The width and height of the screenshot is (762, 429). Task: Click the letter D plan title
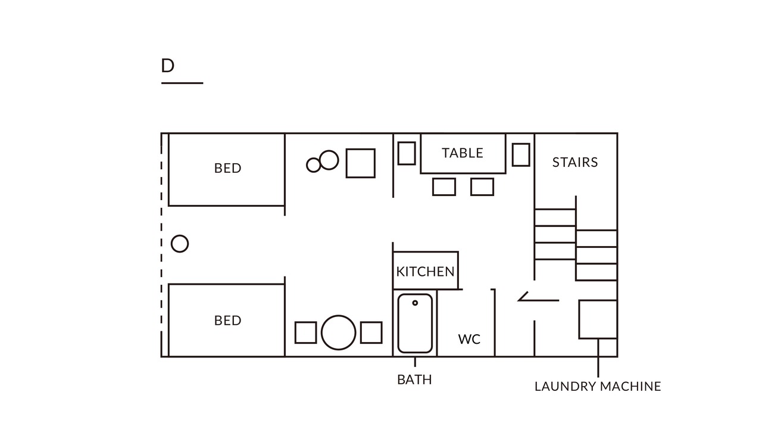[167, 66]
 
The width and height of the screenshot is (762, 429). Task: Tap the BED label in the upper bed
[227, 168]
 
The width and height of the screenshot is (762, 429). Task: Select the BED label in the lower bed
[227, 321]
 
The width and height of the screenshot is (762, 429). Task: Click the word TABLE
[463, 153]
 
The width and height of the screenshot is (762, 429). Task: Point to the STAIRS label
[575, 163]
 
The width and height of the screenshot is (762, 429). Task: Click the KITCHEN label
[425, 272]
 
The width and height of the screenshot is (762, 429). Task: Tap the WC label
[469, 339]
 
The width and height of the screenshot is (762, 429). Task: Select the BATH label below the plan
[414, 380]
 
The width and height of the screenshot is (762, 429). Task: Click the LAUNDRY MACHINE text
[598, 387]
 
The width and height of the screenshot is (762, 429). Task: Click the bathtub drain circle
[415, 303]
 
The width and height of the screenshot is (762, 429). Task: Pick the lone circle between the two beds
[180, 244]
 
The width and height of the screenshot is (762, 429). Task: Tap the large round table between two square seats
[339, 332]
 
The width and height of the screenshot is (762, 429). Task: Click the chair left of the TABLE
[407, 153]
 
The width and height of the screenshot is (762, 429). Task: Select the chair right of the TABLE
[521, 154]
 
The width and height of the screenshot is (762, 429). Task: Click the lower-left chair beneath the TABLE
[444, 186]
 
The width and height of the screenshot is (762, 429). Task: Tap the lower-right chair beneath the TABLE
[482, 186]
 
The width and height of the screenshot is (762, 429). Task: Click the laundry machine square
[598, 319]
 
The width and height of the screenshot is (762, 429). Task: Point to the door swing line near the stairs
[539, 300]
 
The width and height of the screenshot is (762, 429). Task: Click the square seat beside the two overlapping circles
[361, 163]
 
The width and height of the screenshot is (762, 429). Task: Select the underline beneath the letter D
[182, 83]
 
